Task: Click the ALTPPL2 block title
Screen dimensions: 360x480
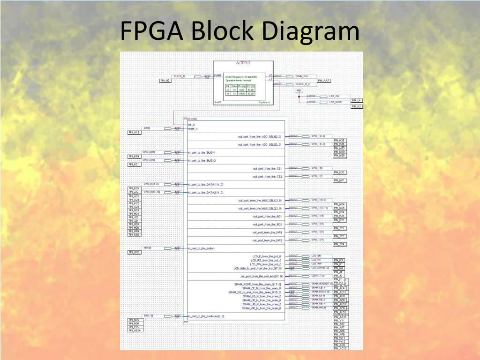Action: (243, 63)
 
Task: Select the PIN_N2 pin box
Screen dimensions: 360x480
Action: (165, 81)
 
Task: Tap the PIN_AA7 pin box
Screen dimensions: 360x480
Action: (324, 81)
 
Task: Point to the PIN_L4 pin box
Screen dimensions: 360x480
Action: (356, 101)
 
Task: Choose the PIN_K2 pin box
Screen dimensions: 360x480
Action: (356, 106)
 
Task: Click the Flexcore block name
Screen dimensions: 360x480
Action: (191, 119)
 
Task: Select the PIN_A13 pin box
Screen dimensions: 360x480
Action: (134, 133)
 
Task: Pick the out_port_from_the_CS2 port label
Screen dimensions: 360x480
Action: (267, 177)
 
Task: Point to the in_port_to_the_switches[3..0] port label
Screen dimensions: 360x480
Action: (206, 316)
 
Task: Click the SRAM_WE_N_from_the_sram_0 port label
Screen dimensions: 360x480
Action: (262, 308)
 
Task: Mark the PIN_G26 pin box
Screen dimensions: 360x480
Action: (134, 252)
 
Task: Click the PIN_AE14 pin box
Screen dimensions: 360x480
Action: (134, 330)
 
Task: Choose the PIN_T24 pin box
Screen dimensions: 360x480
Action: (339, 244)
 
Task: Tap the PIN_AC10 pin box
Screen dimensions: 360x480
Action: (340, 348)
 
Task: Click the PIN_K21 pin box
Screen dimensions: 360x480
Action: (134, 165)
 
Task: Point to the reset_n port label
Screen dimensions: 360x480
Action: (193, 128)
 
